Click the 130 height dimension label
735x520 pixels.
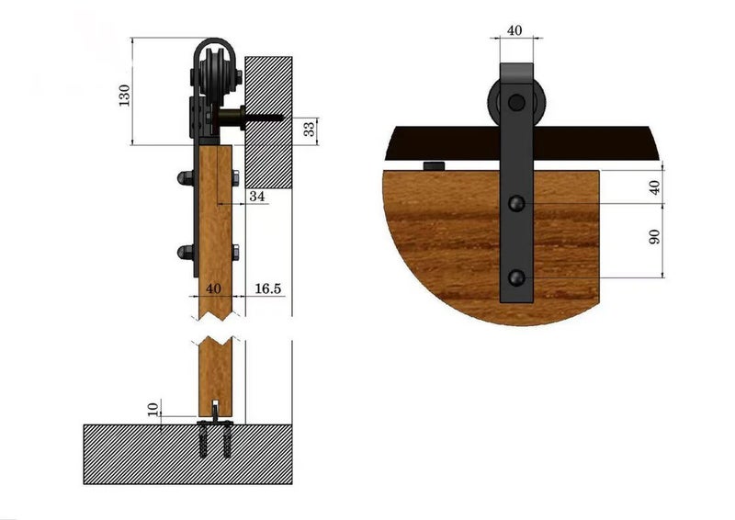pos(125,93)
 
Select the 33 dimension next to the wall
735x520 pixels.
pos(310,130)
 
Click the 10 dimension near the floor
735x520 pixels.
pos(153,407)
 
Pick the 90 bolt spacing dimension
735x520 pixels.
pos(654,236)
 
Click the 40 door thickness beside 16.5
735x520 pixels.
pos(214,288)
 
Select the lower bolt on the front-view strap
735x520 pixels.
pos(516,276)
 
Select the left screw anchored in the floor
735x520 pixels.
pos(205,443)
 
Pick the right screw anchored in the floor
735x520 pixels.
pos(225,443)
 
